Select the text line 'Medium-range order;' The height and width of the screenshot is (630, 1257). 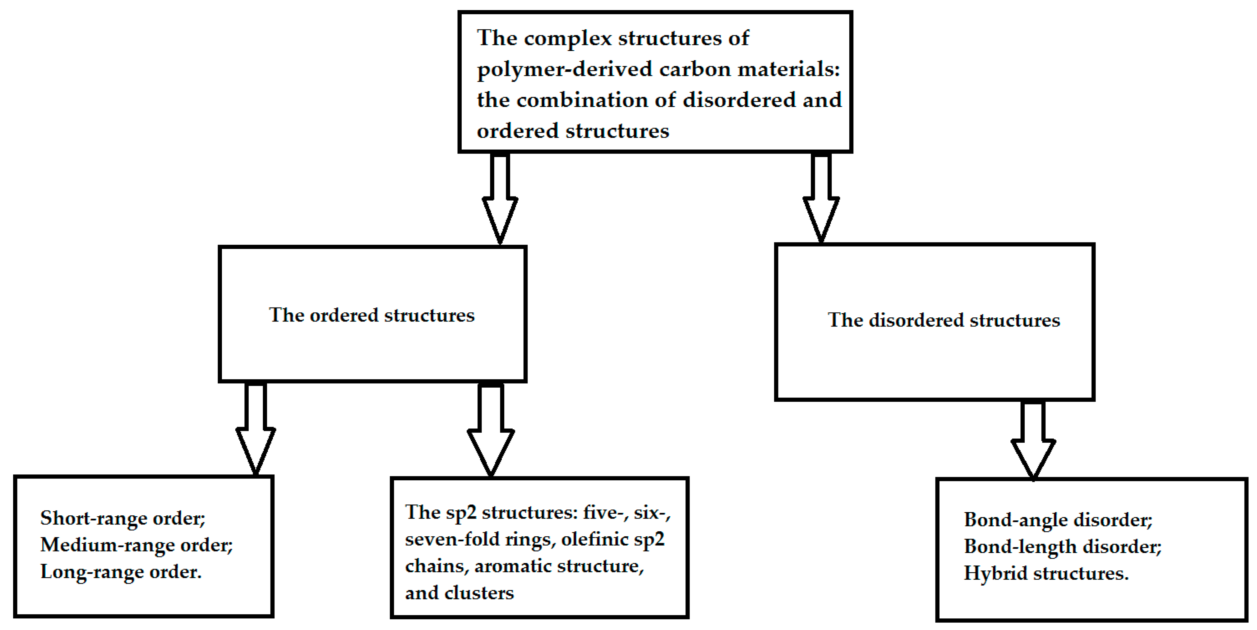point(137,545)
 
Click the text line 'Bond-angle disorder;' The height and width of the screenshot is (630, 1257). point(1058,520)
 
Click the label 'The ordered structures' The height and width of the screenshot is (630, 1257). point(372,315)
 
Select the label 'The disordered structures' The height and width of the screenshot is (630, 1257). point(944,320)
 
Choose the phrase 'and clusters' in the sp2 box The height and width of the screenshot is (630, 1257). point(459,593)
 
